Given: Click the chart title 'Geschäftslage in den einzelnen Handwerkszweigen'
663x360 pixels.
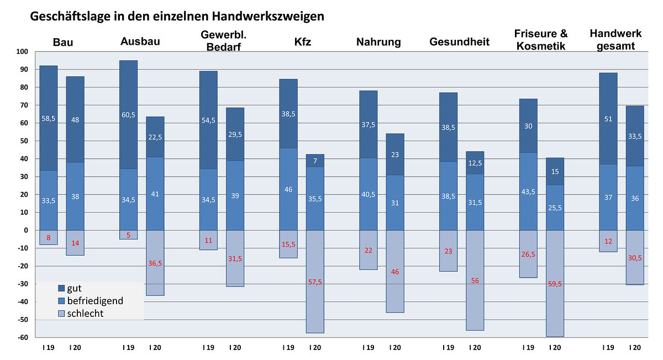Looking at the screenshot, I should coord(176,17).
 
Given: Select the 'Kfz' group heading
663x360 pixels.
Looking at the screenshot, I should coord(303,43).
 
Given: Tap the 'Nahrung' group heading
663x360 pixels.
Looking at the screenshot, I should coord(378,43).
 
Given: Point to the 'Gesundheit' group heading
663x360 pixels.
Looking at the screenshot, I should coord(459,43).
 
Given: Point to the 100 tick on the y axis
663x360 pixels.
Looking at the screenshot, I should coord(22,52).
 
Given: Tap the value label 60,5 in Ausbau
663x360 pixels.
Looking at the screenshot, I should coord(129,115).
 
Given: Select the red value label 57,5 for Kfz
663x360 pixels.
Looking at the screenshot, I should coord(315,282).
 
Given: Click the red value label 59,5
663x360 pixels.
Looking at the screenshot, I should coord(555,284).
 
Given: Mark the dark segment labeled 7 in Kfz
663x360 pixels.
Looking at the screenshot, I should coord(315,161).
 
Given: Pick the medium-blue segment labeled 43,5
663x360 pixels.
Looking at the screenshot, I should coord(528,191).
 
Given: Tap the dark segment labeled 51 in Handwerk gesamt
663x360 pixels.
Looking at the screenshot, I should coord(608,119).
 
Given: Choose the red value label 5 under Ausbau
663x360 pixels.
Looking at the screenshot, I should coord(129,235).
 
